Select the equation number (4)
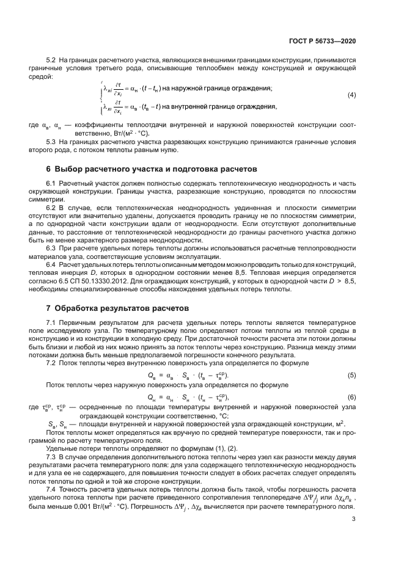pyautogui.click(x=351, y=96)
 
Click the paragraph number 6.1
pyautogui.click(x=51, y=184)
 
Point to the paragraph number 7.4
pyautogui.click(x=51, y=490)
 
